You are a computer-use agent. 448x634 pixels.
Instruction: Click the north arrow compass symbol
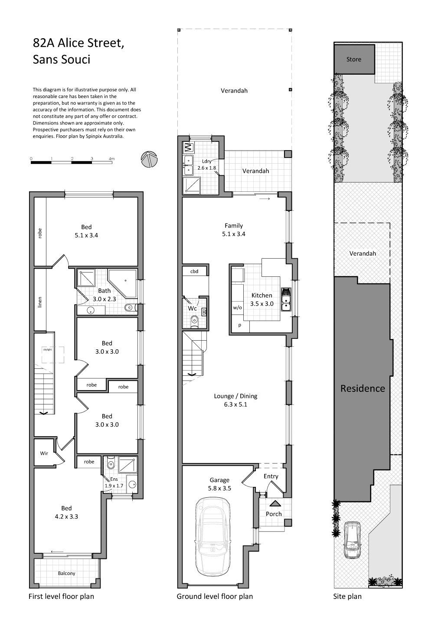149,159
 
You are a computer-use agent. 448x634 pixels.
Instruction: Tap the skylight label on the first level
47,350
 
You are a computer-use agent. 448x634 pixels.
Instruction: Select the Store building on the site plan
354,59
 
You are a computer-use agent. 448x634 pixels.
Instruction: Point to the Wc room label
192,308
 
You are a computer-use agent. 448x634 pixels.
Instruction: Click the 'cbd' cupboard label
194,271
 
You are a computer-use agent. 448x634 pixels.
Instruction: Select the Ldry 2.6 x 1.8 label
207,164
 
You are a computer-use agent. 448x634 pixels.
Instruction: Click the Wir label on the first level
44,453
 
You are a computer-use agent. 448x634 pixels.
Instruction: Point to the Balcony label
66,573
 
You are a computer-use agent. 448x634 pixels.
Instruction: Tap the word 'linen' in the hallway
40,302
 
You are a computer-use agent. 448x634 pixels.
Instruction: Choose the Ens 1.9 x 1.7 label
114,482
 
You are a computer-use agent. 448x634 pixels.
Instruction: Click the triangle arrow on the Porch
275,503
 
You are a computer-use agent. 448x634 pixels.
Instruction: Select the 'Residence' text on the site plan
363,388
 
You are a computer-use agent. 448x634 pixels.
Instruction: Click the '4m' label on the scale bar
112,159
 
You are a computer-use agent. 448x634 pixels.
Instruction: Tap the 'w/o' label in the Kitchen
238,307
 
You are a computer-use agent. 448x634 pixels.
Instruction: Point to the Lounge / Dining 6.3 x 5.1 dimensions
235,404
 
